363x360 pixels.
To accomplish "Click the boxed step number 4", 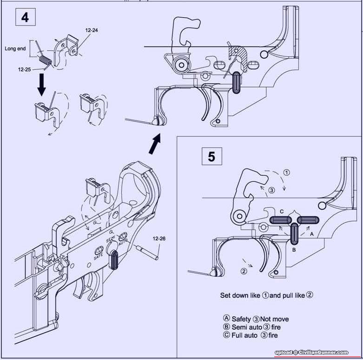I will [x=25, y=17].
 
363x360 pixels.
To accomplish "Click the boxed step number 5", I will [x=211, y=156].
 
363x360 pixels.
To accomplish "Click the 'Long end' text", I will [x=15, y=48].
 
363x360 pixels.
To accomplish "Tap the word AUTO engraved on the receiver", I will [x=123, y=242].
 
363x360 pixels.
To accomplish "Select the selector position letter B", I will [x=294, y=249].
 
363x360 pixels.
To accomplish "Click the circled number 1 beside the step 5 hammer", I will [x=287, y=172].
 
